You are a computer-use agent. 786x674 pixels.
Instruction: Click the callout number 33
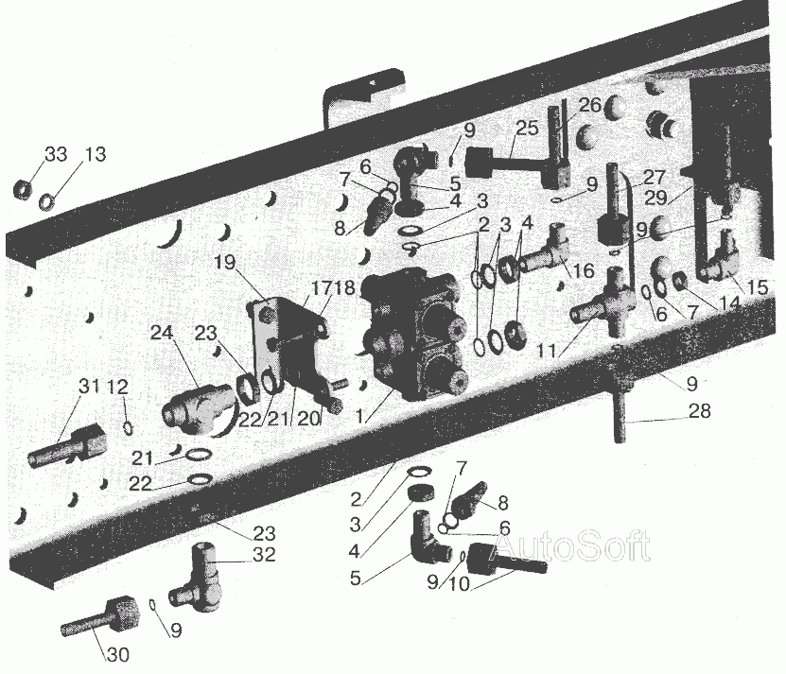[56, 154]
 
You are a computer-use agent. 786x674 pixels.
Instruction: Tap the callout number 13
[96, 154]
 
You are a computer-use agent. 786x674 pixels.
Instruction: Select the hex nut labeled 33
[24, 189]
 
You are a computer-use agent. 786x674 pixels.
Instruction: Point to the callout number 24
[162, 333]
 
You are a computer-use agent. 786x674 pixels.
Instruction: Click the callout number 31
[88, 387]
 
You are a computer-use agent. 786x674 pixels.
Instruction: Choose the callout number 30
[118, 654]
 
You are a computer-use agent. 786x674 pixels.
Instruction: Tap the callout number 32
[265, 555]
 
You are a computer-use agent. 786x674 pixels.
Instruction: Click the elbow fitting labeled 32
[197, 576]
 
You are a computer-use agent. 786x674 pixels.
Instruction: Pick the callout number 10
[459, 583]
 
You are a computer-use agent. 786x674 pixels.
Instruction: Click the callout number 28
[700, 411]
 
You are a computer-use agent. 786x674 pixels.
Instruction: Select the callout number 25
[527, 128]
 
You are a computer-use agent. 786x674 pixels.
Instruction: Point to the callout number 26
[590, 105]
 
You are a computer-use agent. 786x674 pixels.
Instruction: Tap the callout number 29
[655, 198]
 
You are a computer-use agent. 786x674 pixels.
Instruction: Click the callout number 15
[758, 287]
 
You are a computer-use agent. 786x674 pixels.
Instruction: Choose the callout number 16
[583, 270]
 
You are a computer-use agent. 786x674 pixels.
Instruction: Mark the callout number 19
[225, 262]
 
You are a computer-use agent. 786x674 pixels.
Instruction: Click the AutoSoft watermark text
[570, 545]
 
